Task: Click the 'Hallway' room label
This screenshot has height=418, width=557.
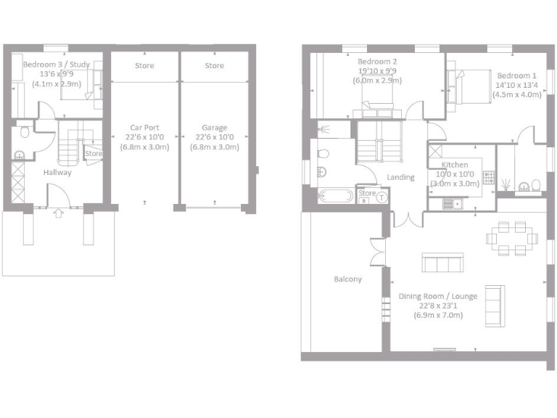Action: (x=57, y=173)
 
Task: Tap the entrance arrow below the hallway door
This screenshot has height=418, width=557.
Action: (x=59, y=213)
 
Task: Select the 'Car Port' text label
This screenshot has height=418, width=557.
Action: (x=145, y=128)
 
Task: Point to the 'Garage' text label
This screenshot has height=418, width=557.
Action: (x=214, y=128)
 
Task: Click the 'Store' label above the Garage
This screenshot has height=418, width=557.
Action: (x=214, y=66)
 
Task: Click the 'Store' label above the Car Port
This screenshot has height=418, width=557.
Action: (x=145, y=66)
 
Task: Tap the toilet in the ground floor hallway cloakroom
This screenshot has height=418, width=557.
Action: (x=24, y=131)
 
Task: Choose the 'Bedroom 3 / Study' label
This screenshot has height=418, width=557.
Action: (x=57, y=65)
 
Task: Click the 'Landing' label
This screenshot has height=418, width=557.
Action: (x=401, y=177)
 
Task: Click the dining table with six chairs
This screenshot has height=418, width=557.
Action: (x=511, y=238)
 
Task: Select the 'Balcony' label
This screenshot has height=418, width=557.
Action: (x=347, y=279)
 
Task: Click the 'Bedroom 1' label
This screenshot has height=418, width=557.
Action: (x=516, y=75)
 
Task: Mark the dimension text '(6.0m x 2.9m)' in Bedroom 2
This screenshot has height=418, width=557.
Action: (x=377, y=81)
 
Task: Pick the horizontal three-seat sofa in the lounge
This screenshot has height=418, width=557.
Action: (x=442, y=263)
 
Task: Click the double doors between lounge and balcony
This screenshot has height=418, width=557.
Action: (x=377, y=251)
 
